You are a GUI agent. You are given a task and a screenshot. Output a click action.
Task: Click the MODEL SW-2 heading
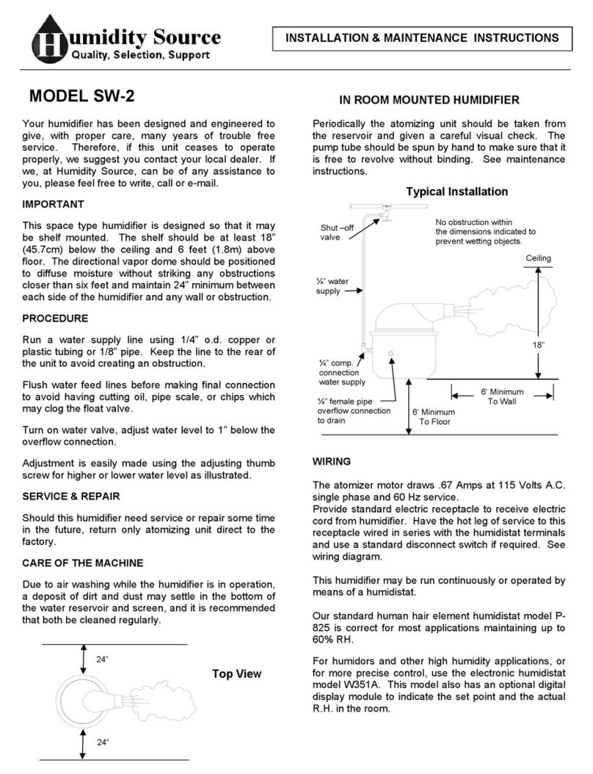coord(81,96)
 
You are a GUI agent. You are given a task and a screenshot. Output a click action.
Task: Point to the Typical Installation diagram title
coord(456,191)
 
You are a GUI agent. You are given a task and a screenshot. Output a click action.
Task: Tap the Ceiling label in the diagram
coord(538,258)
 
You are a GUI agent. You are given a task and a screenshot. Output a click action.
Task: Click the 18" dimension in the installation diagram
coord(539,324)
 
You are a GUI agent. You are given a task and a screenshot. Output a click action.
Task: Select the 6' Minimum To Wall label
coord(502,397)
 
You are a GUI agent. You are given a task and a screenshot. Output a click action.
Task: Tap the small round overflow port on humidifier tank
coord(390,353)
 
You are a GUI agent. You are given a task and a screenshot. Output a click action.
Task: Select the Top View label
coord(236,674)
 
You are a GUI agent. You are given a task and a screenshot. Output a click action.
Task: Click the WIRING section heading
coord(332,461)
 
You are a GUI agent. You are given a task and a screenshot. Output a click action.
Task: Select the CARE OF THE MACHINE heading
coord(92,563)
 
